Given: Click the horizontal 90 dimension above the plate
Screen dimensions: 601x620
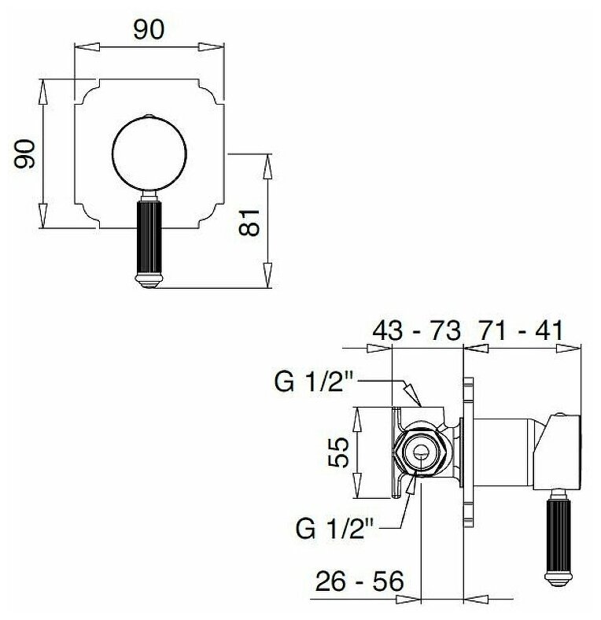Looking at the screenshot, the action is (148, 30).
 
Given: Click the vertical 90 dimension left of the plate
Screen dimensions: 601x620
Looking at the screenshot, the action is (24, 153).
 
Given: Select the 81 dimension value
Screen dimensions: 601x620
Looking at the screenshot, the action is (249, 223).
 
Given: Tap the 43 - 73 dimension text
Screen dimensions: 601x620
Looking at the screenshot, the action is (417, 330).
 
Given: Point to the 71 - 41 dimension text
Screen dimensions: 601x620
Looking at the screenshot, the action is (520, 330).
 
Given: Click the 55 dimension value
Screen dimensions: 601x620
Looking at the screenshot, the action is (338, 452).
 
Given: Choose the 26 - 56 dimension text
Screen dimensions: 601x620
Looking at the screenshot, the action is (359, 581).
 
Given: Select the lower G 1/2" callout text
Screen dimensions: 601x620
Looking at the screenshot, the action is (335, 529).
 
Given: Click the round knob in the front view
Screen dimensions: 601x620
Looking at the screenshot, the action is (149, 153).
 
